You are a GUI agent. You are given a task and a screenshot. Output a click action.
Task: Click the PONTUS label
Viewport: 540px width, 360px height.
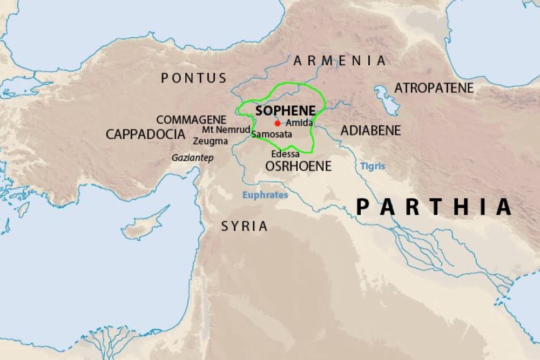click(x=194, y=78)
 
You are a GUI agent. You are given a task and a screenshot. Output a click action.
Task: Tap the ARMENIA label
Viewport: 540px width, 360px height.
click(x=340, y=61)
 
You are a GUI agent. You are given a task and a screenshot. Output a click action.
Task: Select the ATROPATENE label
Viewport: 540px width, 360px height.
click(x=434, y=88)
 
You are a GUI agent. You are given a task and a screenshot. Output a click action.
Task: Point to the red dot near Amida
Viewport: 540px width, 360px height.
click(x=278, y=123)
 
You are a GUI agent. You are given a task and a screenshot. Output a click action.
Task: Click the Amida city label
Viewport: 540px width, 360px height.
click(x=299, y=123)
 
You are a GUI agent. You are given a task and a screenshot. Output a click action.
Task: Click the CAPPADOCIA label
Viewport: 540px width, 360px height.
click(x=145, y=134)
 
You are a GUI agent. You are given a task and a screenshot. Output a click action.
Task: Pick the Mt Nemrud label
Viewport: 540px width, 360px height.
click(x=226, y=130)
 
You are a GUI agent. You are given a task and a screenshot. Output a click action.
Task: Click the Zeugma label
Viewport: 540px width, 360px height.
click(x=211, y=141)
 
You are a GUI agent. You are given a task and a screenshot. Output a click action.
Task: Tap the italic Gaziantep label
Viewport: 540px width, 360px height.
click(x=193, y=158)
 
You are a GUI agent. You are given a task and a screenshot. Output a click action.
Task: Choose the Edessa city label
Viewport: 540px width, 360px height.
click(x=285, y=154)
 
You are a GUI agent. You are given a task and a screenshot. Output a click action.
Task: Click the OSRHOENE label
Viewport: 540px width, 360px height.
click(x=298, y=166)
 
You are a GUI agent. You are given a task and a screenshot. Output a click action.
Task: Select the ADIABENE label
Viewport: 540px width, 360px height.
click(x=370, y=131)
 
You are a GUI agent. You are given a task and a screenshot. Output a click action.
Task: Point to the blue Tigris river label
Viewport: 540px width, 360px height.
click(x=373, y=166)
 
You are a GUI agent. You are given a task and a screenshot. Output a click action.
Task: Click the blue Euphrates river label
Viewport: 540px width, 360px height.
click(x=265, y=195)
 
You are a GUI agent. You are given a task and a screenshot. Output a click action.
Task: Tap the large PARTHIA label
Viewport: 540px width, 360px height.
click(x=434, y=207)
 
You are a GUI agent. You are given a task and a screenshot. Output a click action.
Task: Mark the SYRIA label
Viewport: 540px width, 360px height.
click(x=245, y=226)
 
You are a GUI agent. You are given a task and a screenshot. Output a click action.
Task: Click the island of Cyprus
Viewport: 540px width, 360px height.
click(x=143, y=227)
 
